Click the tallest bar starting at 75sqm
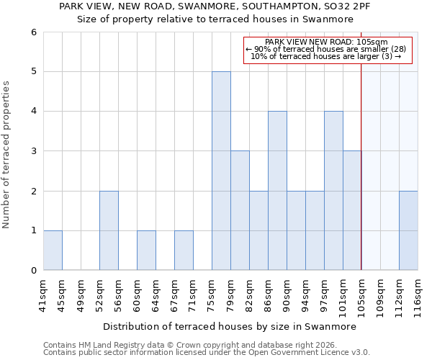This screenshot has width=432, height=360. [221, 171]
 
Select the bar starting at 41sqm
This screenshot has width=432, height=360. [53, 250]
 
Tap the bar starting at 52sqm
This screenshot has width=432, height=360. [109, 230]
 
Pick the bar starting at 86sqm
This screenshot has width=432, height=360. [277, 191]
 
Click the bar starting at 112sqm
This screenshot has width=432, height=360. [408, 230]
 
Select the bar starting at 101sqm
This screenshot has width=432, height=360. [352, 210]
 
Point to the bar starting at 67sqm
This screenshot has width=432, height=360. [184, 250]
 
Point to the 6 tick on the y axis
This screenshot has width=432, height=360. [33, 32]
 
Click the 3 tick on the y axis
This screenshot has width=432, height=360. [33, 151]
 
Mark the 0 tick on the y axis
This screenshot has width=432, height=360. [33, 270]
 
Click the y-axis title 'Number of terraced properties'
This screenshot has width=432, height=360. [7, 155]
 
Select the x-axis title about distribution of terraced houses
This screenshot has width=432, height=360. [230, 326]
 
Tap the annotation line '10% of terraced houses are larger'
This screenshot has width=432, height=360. [325, 56]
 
